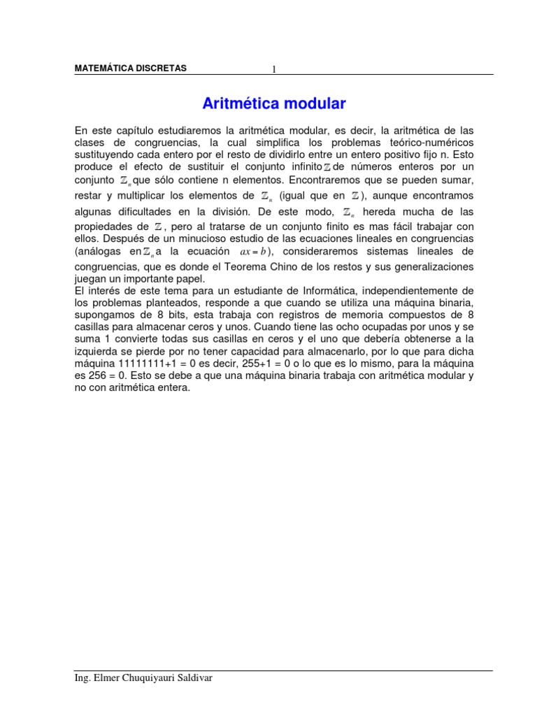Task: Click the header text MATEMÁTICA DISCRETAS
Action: pyautogui.click(x=131, y=69)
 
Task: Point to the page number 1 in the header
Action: pyautogui.click(x=275, y=69)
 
